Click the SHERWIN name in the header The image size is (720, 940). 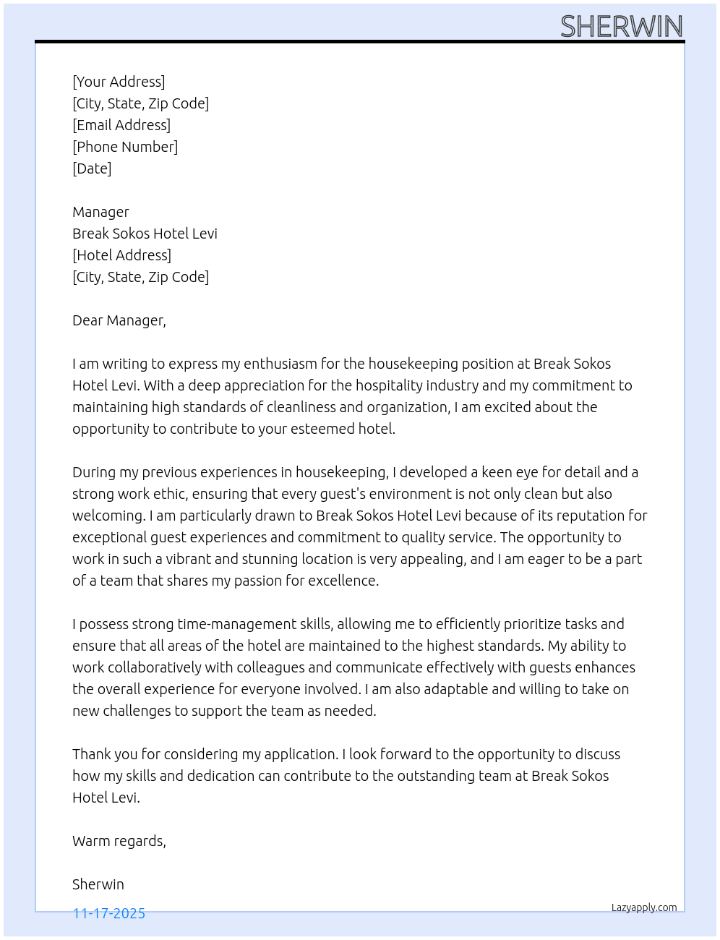tap(621, 27)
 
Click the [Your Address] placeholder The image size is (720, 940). tap(119, 82)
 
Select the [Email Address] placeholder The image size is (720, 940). tap(121, 125)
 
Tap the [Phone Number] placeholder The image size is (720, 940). tap(125, 147)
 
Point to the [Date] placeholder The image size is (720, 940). tap(92, 168)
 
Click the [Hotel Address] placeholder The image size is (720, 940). tap(121, 255)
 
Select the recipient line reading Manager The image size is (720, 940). tap(100, 212)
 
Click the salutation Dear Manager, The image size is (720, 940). tap(119, 320)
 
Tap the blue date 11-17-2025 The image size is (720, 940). tap(109, 913)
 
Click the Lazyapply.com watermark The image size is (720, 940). tap(644, 907)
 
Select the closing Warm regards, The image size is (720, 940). tap(119, 841)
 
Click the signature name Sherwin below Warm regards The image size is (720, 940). tap(98, 884)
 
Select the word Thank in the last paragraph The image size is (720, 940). tap(91, 754)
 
